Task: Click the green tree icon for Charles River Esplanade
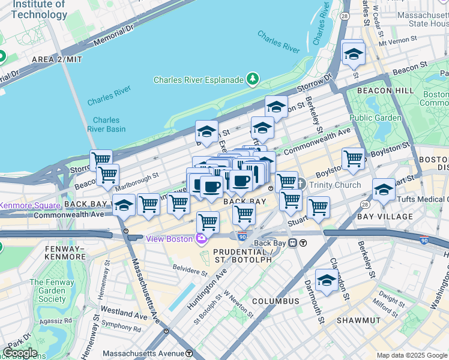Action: [253, 79]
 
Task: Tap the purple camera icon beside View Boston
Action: [200, 239]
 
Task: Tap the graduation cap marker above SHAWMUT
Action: [326, 279]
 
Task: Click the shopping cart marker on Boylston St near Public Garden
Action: [353, 159]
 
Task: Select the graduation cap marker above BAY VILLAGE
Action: [384, 190]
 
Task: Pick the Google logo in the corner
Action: [20, 353]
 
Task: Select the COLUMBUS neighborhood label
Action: [275, 301]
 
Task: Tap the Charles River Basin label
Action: [106, 124]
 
